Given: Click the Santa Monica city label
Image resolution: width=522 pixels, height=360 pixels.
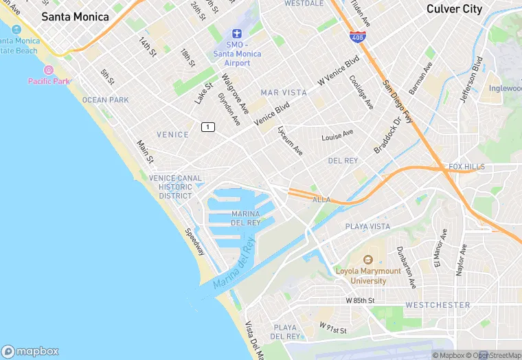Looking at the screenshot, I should [x=75, y=16].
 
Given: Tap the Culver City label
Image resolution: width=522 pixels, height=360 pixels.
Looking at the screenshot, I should [x=454, y=9].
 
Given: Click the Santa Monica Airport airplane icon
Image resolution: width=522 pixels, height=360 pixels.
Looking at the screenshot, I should [x=237, y=34].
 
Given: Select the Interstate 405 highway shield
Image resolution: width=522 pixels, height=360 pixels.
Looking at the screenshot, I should [x=356, y=36].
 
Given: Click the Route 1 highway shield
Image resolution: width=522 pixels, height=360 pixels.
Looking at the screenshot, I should [x=207, y=126].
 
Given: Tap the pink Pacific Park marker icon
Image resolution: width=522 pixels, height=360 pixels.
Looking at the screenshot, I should [x=49, y=70].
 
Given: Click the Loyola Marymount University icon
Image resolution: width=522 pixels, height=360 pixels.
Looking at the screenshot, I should [x=367, y=260].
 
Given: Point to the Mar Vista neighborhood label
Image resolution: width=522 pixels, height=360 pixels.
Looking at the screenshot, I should [x=284, y=92].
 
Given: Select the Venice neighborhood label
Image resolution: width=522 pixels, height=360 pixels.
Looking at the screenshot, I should [x=172, y=135].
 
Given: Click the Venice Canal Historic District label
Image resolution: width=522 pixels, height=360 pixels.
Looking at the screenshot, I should [x=176, y=187].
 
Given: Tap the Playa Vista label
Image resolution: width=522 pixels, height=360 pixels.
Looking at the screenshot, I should [x=367, y=226].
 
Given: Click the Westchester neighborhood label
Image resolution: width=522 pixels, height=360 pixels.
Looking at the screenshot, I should [x=438, y=304].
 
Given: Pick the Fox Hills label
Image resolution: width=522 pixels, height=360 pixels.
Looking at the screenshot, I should [x=466, y=167].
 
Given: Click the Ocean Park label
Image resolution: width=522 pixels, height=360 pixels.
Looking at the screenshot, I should [x=105, y=100].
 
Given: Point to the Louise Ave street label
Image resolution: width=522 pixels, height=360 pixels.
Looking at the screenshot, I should [x=337, y=135].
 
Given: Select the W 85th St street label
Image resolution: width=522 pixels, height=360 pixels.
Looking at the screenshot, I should [x=360, y=301].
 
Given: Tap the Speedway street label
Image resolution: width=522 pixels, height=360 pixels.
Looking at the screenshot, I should [x=194, y=242].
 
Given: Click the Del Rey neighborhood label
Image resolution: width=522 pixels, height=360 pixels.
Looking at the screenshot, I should [x=343, y=161].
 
